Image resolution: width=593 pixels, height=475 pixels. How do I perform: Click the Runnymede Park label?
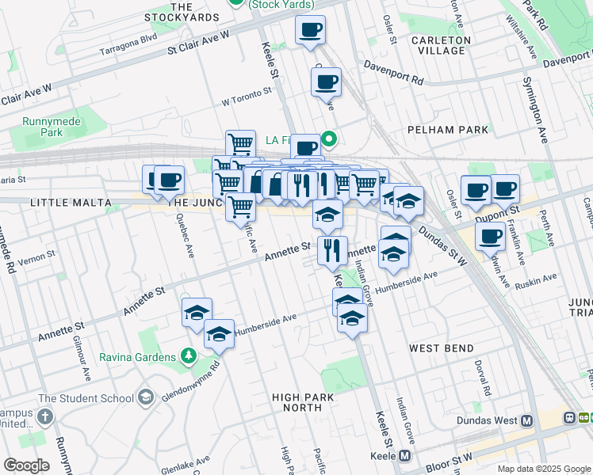42,127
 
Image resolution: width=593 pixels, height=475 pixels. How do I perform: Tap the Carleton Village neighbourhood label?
435,44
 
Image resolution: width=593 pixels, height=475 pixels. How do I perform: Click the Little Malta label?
70,203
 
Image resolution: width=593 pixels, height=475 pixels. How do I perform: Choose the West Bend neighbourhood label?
442,348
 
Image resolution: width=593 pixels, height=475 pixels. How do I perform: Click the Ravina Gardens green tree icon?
189,355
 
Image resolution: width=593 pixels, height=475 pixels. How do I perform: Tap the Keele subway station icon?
405,456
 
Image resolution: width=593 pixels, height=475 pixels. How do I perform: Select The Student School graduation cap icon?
145,397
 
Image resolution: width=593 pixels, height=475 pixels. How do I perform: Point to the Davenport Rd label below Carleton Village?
393,75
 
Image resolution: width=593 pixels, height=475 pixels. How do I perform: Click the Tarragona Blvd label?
128,38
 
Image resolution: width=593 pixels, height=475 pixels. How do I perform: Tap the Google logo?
26,465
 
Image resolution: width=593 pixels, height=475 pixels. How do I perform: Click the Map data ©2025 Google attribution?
543,469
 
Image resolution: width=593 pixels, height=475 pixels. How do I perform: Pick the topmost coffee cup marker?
311,32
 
